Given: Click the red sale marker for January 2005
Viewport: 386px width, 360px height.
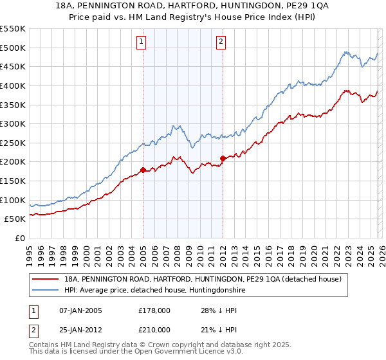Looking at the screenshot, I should (143, 170).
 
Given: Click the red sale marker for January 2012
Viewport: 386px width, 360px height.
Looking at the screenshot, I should (223, 158).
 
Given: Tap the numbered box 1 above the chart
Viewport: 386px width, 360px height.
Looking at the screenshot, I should (141, 42).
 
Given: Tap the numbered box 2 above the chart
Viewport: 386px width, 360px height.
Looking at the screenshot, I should (221, 42).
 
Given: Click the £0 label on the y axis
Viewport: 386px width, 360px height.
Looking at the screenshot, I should (19, 239).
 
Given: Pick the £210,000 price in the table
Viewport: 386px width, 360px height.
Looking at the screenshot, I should (154, 329).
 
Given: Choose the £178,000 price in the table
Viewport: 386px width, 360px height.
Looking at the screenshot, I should (154, 310).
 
